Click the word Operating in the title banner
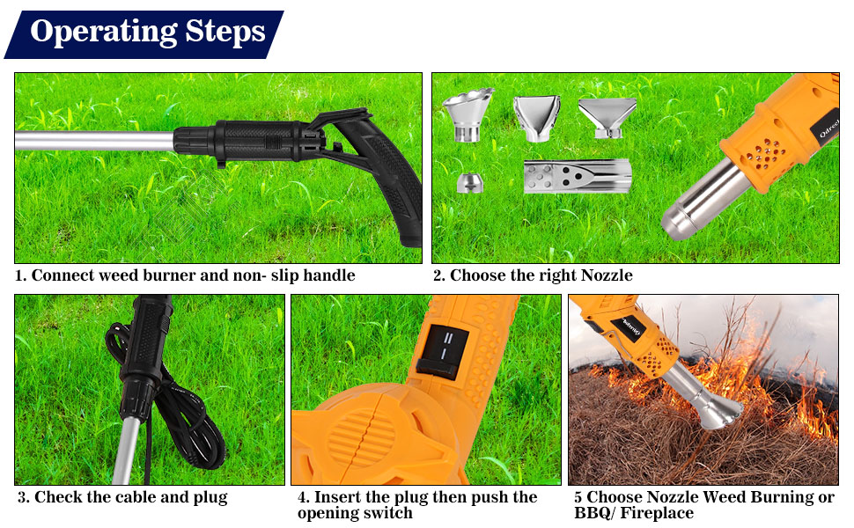(104, 32)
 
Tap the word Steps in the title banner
(225, 32)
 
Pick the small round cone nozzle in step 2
(469, 182)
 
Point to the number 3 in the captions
(23, 497)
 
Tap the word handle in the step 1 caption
(328, 275)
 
